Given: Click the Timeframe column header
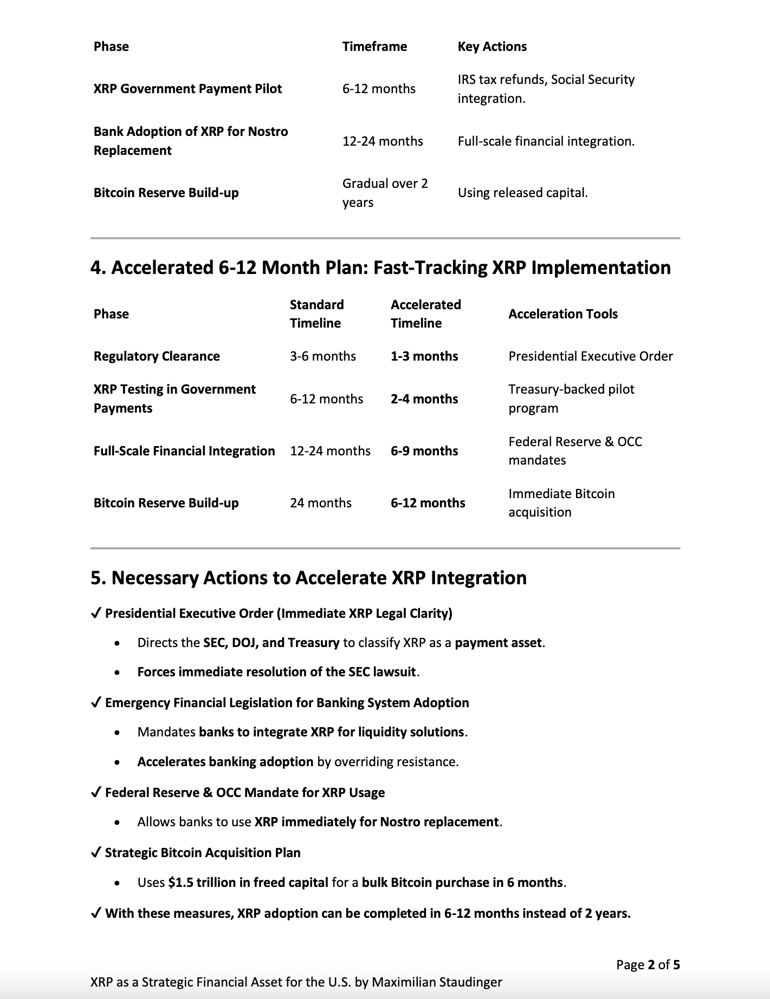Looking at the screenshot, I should click(x=374, y=47).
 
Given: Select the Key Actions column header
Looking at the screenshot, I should click(x=492, y=47).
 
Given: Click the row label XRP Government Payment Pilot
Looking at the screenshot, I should click(x=187, y=89).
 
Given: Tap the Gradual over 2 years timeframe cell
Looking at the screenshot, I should click(x=385, y=193).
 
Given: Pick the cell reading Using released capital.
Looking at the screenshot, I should click(x=522, y=193).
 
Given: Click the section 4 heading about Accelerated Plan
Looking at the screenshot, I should click(x=380, y=267).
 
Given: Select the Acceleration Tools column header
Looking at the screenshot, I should click(x=562, y=314).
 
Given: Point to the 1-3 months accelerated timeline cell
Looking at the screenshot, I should click(x=424, y=356).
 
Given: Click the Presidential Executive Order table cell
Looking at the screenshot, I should click(x=590, y=356).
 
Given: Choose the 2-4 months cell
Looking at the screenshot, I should click(x=424, y=399).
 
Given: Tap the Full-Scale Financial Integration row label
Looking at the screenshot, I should click(x=184, y=451).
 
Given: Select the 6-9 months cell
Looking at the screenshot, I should click(x=424, y=451).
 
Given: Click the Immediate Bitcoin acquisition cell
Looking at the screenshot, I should click(x=561, y=503).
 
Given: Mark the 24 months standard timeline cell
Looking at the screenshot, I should click(x=321, y=503).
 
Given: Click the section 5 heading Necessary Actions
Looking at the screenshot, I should click(x=308, y=578).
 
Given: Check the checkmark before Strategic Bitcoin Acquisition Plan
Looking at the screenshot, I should click(x=96, y=853).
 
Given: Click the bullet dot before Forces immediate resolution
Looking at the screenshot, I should click(x=118, y=672).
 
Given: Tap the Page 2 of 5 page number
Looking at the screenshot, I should click(x=648, y=964).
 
